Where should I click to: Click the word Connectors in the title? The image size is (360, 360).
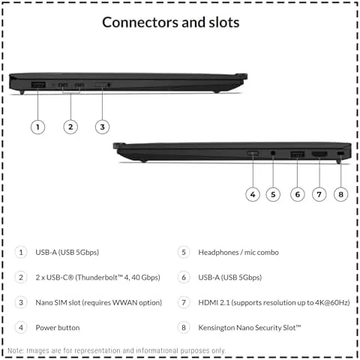pyautogui.click(x=141, y=22)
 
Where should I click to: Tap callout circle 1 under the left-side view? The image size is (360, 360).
pyautogui.click(x=37, y=127)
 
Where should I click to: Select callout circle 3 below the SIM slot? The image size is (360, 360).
pyautogui.click(x=102, y=127)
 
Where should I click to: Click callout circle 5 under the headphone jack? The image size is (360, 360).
pyautogui.click(x=273, y=194)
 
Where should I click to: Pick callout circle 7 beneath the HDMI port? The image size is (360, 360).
pyautogui.click(x=319, y=194)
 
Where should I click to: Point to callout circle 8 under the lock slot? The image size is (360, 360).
pyautogui.click(x=340, y=194)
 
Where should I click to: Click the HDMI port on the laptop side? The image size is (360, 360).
pyautogui.click(x=319, y=154)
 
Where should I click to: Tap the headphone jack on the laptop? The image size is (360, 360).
pyautogui.click(x=273, y=152)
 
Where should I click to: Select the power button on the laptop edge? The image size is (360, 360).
pyautogui.click(x=253, y=153)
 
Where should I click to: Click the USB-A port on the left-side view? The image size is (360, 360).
pyautogui.click(x=38, y=85)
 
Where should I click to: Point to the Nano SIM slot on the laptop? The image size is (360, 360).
pyautogui.click(x=102, y=85)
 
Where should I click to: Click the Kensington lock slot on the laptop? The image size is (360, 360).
pyautogui.click(x=340, y=153)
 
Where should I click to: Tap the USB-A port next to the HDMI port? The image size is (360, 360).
pyautogui.click(x=298, y=154)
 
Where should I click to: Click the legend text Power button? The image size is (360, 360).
pyautogui.click(x=58, y=328)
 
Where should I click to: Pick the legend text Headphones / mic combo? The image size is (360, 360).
pyautogui.click(x=238, y=252)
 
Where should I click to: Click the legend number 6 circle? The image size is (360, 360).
pyautogui.click(x=184, y=277)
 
